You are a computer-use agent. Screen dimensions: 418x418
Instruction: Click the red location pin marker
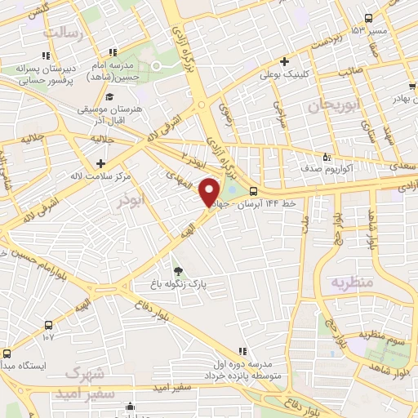coord(210,191)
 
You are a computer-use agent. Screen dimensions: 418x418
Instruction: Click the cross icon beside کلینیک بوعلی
coord(283,60)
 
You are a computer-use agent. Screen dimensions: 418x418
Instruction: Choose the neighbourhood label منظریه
coord(352,282)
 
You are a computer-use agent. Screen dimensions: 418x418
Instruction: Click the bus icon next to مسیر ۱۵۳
coord(368,18)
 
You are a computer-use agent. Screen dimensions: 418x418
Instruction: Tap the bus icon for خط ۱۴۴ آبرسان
coord(252,192)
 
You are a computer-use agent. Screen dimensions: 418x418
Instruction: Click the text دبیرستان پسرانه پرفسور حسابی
coord(45,76)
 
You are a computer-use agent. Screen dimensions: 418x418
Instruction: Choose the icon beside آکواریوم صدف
coord(326,158)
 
